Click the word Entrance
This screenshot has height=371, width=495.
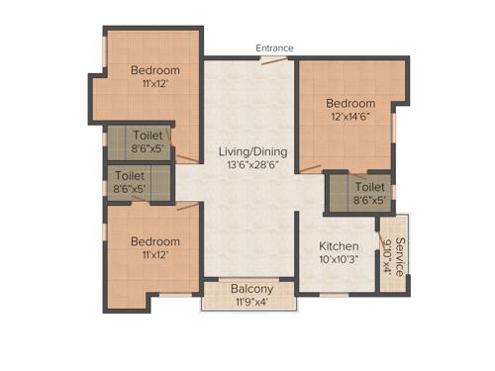pyautogui.click(x=274, y=47)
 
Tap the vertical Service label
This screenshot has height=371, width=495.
pyautogui.click(x=399, y=255)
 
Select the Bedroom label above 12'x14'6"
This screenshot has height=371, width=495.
pyautogui.click(x=350, y=103)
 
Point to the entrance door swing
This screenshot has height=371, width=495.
pyautogui.click(x=274, y=60)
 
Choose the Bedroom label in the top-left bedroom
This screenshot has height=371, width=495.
pyautogui.click(x=155, y=70)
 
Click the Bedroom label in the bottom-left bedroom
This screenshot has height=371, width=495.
pyautogui.click(x=155, y=241)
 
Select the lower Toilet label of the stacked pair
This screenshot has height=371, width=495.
pyautogui.click(x=129, y=174)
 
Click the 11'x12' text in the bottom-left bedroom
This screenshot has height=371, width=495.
pyautogui.click(x=155, y=254)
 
